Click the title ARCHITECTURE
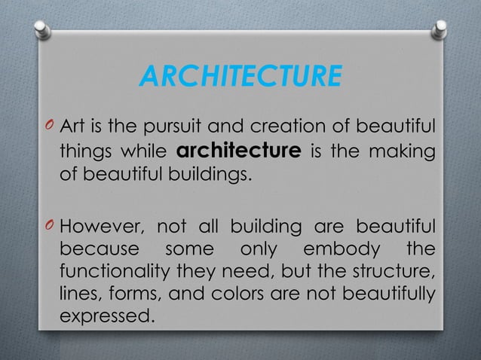[x=240, y=77]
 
